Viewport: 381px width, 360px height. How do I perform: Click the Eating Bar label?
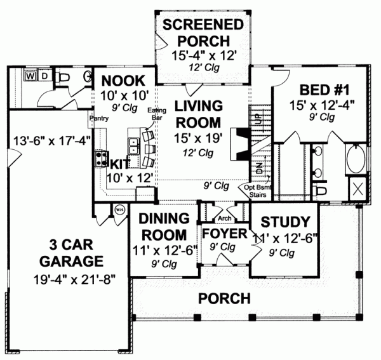point(157,114)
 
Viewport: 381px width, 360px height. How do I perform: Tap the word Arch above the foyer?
point(224,218)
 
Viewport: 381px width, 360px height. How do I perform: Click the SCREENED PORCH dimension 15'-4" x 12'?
point(204,56)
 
